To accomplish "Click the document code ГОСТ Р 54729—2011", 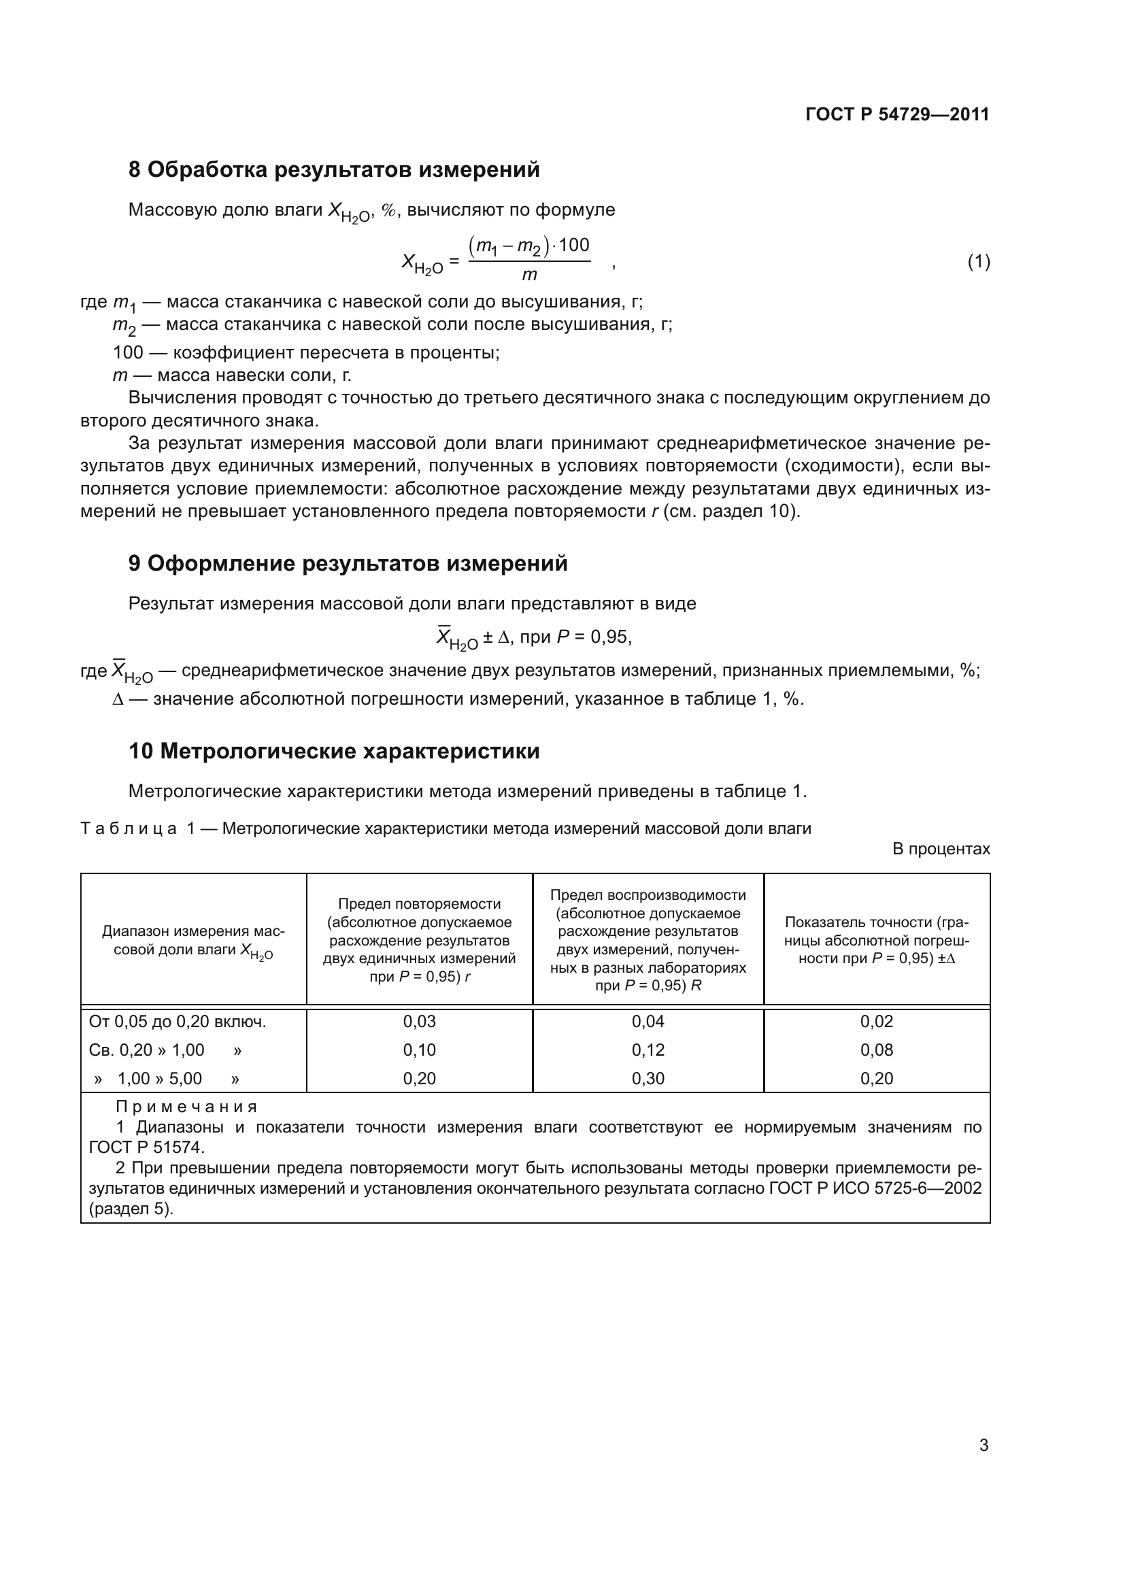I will point(897,114).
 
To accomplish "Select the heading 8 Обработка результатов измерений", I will point(334,170).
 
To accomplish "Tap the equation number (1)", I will point(978,262).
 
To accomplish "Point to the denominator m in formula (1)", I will point(529,275).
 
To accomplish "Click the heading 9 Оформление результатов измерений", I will point(348,563).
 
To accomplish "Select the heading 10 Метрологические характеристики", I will point(334,751).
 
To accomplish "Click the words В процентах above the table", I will point(941,849).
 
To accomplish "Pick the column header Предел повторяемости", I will point(419,903).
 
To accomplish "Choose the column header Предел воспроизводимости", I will point(648,894).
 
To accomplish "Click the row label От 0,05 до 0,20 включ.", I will point(178,1022).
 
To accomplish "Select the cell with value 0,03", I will point(419,1022).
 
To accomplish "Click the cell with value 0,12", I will point(648,1050).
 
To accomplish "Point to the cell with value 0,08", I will point(876,1050).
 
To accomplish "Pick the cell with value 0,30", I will point(648,1078).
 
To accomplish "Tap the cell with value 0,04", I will point(648,1022).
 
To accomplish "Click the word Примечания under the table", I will point(187,1107).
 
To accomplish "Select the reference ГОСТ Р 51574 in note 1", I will point(146,1147).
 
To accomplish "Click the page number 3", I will point(984,1445).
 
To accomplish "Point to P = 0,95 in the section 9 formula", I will point(593,637).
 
